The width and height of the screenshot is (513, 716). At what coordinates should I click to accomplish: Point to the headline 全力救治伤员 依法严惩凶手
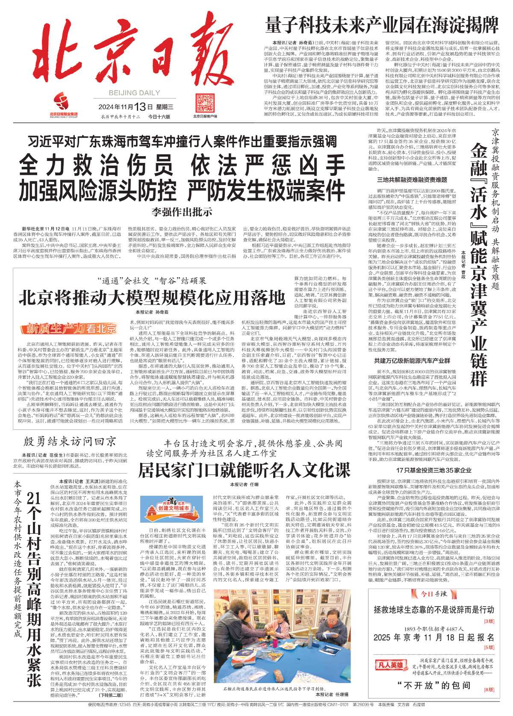182,165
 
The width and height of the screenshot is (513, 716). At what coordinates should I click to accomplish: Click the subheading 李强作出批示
182,211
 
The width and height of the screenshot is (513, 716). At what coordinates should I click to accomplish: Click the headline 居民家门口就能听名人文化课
244,470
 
